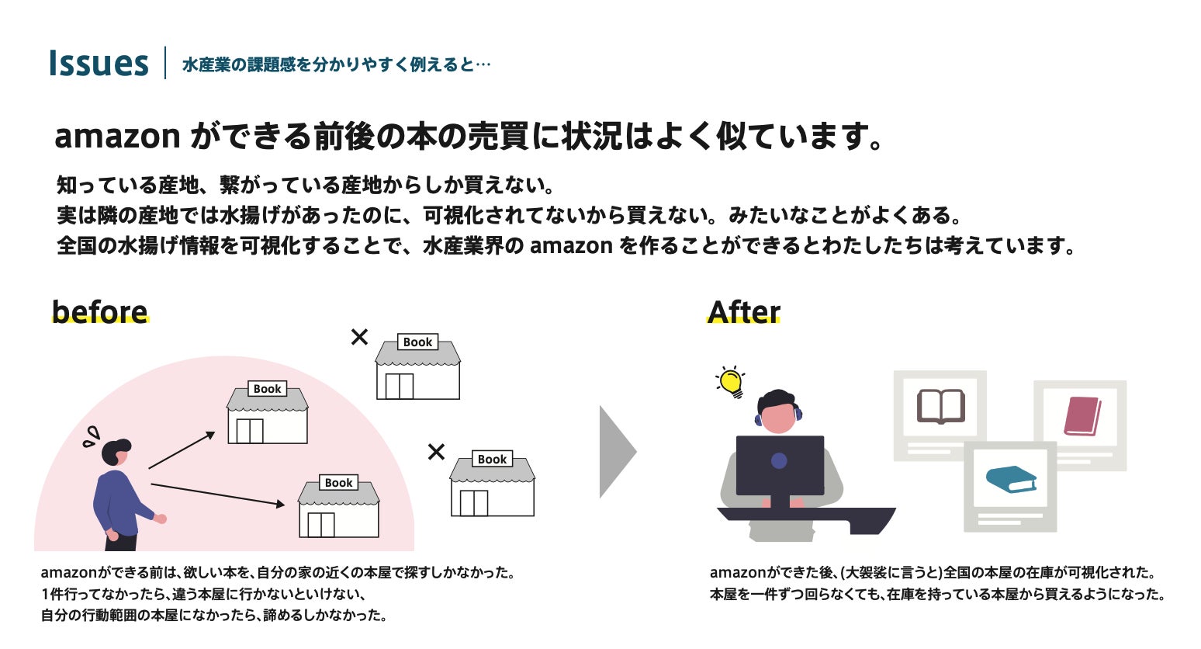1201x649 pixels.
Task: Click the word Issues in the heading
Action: coord(98,64)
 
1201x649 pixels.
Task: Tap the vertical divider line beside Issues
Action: coord(165,63)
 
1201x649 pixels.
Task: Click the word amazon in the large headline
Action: coord(117,137)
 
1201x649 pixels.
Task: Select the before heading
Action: coord(99,311)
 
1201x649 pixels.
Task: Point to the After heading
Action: coord(743,311)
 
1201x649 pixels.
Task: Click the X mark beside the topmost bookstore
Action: coord(359,337)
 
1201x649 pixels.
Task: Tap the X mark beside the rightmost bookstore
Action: coord(437,451)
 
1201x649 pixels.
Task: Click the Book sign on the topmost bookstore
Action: coord(417,342)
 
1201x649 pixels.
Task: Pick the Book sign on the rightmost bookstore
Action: coord(492,460)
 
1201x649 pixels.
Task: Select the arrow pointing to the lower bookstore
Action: coord(218,495)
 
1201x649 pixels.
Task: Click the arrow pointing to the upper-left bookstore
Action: coord(182,450)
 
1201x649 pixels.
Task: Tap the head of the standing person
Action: coord(116,453)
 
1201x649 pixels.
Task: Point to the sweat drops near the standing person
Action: coord(92,436)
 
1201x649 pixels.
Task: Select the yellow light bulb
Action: coord(731,381)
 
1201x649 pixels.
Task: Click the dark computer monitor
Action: coord(780,465)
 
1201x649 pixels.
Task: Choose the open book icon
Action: coord(940,406)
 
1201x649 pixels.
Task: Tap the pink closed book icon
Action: coord(1082,416)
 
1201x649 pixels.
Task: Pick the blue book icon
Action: coord(1010,479)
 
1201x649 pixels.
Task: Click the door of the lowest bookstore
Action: coord(320,525)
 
